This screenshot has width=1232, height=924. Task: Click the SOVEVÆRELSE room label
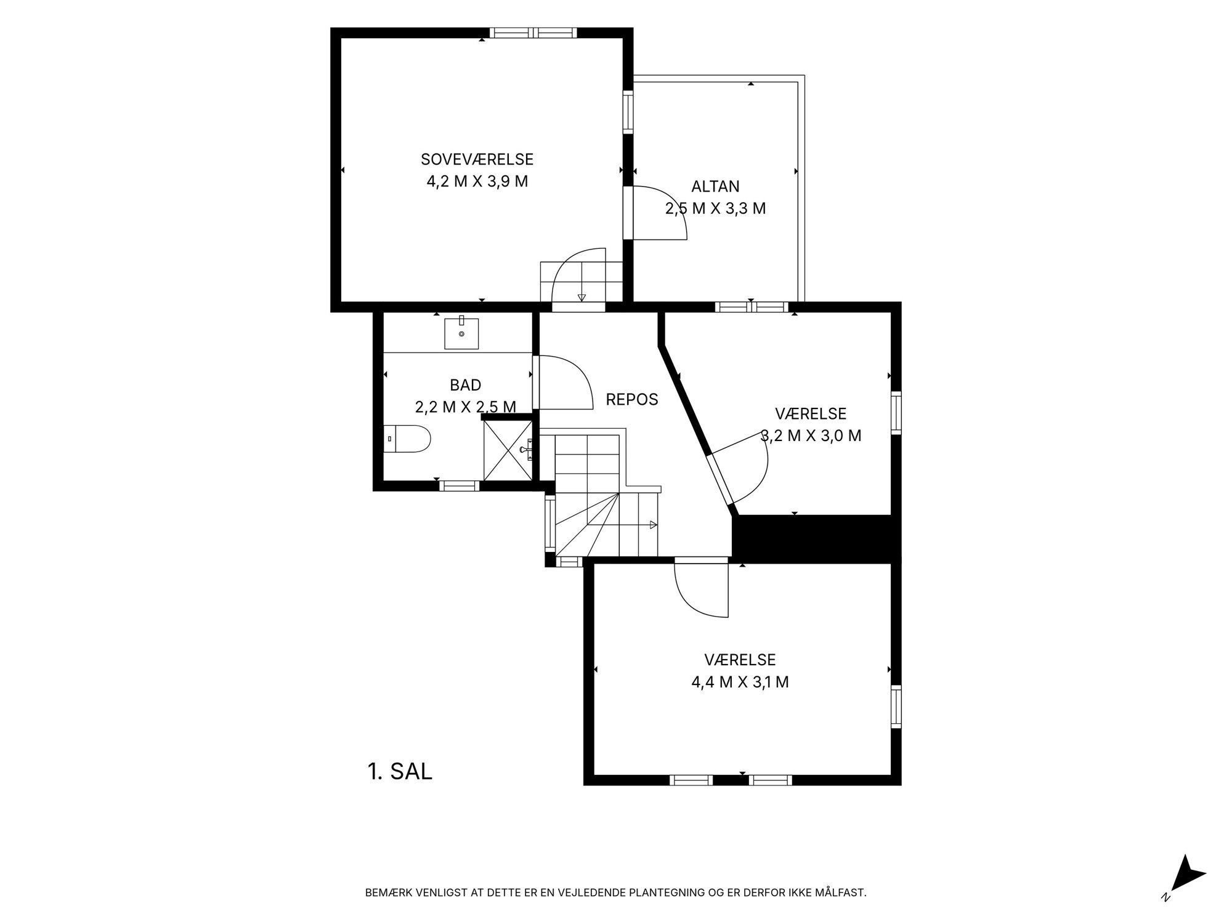[477, 159]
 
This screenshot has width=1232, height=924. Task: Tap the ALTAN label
[715, 186]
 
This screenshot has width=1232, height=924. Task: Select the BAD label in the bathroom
[466, 385]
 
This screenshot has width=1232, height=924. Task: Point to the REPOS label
[632, 399]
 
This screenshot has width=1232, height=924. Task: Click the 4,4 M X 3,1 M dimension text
[740, 682]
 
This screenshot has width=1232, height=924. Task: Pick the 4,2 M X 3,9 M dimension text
[477, 182]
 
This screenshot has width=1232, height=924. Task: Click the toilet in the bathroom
[407, 439]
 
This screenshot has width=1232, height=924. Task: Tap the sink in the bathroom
[461, 333]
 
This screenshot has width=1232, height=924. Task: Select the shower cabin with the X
[508, 450]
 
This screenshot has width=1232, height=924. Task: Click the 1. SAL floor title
[400, 771]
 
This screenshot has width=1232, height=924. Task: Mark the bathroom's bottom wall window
[459, 486]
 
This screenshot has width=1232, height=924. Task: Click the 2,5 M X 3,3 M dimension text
[715, 208]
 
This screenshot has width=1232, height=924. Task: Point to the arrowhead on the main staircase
[653, 525]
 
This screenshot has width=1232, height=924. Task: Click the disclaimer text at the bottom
[616, 892]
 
